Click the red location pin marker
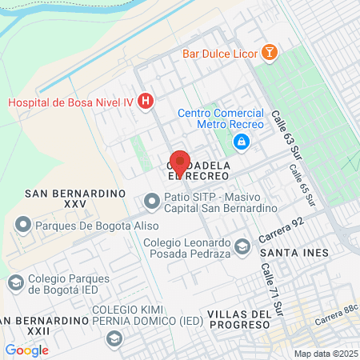click(x=180, y=162)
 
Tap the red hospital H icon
click(x=146, y=101)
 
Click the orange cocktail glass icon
click(x=270, y=53)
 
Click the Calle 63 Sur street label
click(x=289, y=131)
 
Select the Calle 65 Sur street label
click(x=301, y=182)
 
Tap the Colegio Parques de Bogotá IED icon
click(x=15, y=282)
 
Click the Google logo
click(x=26, y=350)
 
